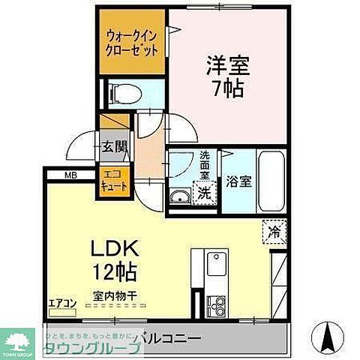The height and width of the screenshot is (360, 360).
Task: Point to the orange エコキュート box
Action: [x=115, y=180]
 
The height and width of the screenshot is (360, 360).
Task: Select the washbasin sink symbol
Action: [x=181, y=197]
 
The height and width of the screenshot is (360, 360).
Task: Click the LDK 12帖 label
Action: [x=115, y=258]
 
